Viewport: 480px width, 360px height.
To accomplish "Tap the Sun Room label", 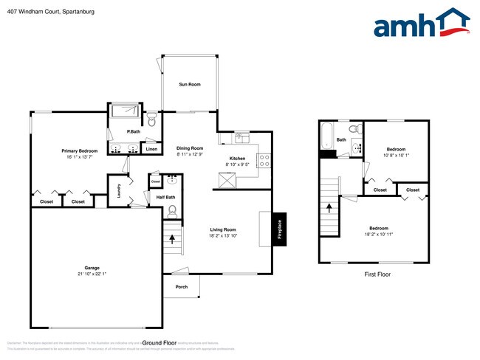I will pyautogui.click(x=190, y=85).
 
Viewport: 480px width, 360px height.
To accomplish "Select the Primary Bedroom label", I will pyautogui.click(x=79, y=150).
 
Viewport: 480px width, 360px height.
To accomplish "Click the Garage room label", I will pyautogui.click(x=86, y=268).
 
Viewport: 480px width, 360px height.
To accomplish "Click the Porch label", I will pyautogui.click(x=181, y=287).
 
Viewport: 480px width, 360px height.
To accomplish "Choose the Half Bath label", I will pyautogui.click(x=165, y=197).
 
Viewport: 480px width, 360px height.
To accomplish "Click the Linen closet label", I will pyautogui.click(x=151, y=150).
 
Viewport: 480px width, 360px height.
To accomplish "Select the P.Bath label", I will pyautogui.click(x=134, y=131).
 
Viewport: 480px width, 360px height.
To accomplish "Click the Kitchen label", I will pyautogui.click(x=237, y=159).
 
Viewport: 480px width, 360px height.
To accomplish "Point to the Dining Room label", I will pyautogui.click(x=190, y=148).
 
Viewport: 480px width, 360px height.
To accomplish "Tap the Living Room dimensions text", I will pyautogui.click(x=222, y=235).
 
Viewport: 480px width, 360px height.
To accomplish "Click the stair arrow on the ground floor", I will pyautogui.click(x=173, y=239).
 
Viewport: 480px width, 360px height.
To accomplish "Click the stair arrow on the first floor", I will pyautogui.click(x=327, y=209).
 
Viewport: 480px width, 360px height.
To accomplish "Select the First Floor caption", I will pyautogui.click(x=378, y=274).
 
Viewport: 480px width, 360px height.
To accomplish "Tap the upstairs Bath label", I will pyautogui.click(x=341, y=139).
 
